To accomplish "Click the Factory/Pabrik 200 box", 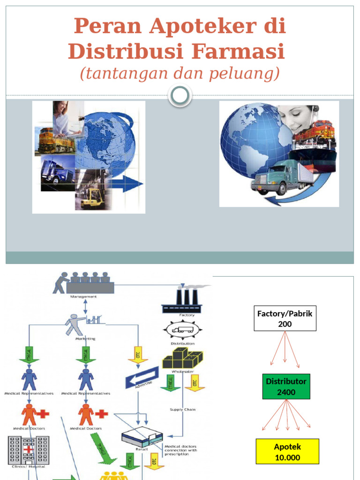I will click(285, 318).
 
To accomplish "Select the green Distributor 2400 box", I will click(286, 386).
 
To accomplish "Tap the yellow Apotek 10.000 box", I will click(287, 451).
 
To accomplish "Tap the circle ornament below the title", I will click(180, 96).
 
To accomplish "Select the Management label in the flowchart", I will click(83, 296).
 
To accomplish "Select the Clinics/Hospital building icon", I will click(28, 450).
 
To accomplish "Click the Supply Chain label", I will click(182, 409).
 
